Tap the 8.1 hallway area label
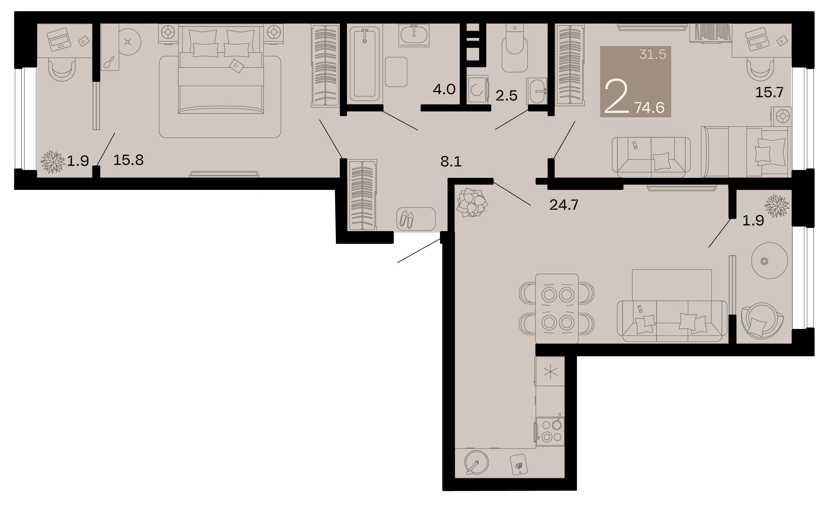pyautogui.click(x=451, y=162)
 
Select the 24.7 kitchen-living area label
pyautogui.click(x=564, y=205)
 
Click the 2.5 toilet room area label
pyautogui.click(x=506, y=96)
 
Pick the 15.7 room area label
pyautogui.click(x=769, y=92)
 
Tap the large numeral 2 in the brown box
pyautogui.click(x=616, y=96)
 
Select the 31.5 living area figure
pyautogui.click(x=653, y=54)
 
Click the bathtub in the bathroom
pyautogui.click(x=364, y=64)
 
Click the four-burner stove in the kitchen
pyautogui.click(x=550, y=432)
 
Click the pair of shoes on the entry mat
pyautogui.click(x=407, y=219)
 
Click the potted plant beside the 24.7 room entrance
pyautogui.click(x=472, y=203)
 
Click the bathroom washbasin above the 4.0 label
pyautogui.click(x=414, y=35)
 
